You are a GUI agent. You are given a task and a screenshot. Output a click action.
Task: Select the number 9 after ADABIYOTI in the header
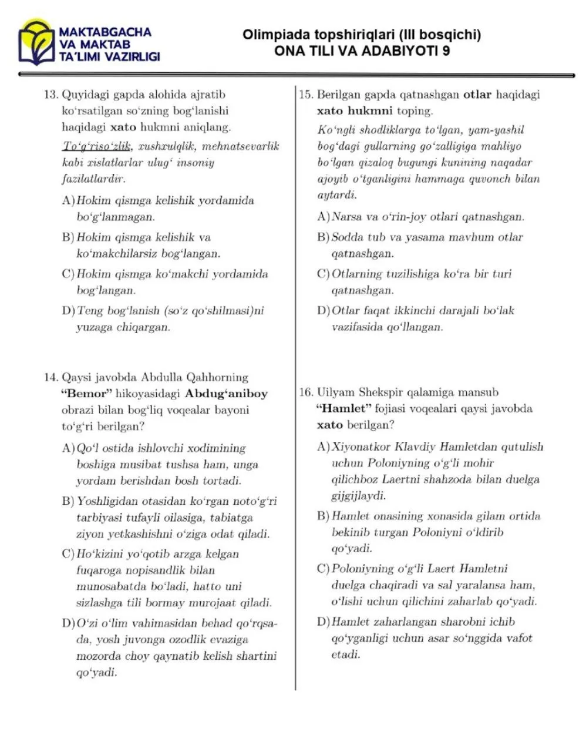coord(446,51)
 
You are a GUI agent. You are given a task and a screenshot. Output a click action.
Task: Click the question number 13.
coord(51,95)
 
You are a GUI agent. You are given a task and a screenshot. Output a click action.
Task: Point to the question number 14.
coord(51,377)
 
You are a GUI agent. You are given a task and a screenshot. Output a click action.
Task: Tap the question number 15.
coord(306,95)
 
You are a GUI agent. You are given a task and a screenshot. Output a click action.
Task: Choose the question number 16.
coord(306,392)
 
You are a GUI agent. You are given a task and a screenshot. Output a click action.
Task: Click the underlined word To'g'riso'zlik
coord(97,146)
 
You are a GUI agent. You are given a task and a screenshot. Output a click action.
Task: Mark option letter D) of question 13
coord(68,311)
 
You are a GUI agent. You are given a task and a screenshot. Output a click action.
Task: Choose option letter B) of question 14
coord(68,502)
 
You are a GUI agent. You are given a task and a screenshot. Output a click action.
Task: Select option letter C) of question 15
coord(323,274)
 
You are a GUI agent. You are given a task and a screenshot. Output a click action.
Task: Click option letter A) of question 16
coord(323,447)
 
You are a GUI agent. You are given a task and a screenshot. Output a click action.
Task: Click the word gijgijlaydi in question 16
coord(359,496)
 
